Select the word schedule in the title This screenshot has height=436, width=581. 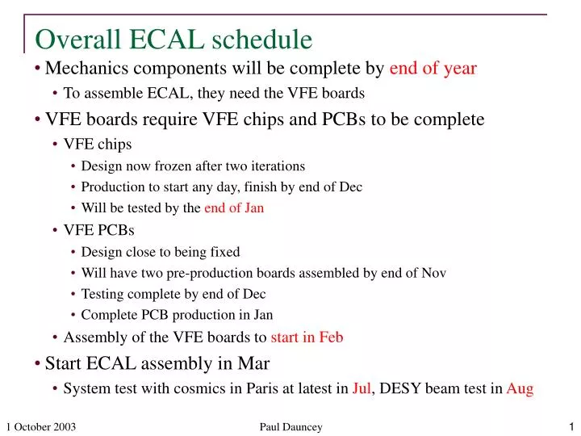[261, 39]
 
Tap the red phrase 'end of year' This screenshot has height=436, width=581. [433, 69]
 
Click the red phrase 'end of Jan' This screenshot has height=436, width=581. [234, 208]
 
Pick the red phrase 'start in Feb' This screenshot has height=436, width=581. [307, 337]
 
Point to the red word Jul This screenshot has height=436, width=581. [362, 388]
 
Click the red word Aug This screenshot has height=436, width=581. [520, 388]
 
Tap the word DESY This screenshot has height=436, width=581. [399, 388]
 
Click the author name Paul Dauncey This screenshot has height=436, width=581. [290, 427]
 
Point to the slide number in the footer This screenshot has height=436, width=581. [571, 427]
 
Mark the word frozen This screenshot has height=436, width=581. [175, 166]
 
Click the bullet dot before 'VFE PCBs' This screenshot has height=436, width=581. [56, 230]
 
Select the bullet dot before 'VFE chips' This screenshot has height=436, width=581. [56, 145]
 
